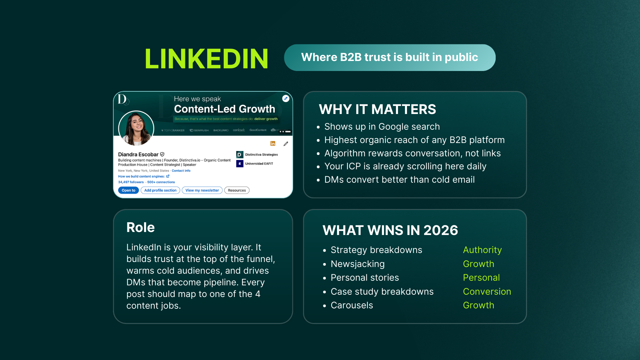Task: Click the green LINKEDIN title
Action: pos(206,59)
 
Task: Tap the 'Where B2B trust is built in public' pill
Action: pos(389,57)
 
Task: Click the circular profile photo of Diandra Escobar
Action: pos(136,128)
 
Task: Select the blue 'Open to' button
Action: pos(128,190)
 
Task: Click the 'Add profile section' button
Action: pos(160,190)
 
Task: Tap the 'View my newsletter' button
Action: pos(202,190)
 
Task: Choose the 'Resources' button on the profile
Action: pos(237,190)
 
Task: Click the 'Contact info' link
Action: pos(181,171)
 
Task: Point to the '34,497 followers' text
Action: pos(131,182)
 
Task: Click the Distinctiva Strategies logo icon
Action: pos(240,155)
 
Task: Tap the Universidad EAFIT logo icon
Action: pos(240,164)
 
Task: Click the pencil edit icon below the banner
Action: pos(286,144)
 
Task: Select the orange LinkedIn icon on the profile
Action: pos(273,144)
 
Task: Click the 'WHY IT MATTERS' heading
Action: pos(377,109)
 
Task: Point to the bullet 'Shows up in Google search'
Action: pos(382,127)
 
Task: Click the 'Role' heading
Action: pos(140,227)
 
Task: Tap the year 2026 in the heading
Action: pos(441,230)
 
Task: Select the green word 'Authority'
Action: pos(482,250)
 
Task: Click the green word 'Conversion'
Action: pos(487,292)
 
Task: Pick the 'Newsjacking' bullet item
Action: pos(358,264)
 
